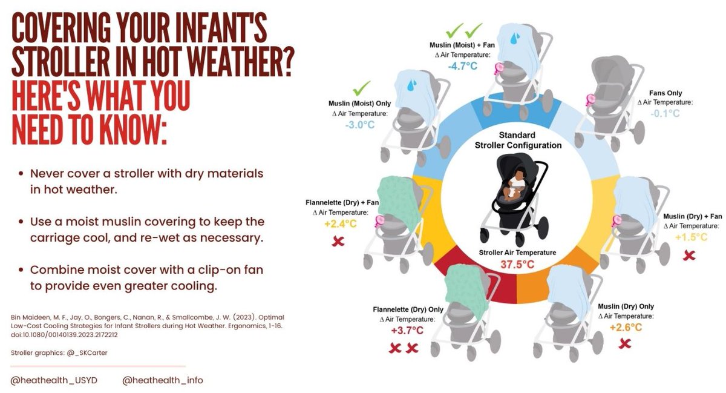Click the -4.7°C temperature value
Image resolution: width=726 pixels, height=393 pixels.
tap(463, 66)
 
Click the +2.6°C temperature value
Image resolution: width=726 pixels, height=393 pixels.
tap(626, 328)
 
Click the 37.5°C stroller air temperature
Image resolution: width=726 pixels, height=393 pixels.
tap(518, 264)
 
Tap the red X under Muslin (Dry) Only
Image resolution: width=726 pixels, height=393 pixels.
tap(625, 344)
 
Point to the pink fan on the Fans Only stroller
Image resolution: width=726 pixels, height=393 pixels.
tap(590, 99)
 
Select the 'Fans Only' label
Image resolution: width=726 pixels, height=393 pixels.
tap(665, 93)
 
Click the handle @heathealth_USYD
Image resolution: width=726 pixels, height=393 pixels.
tap(54, 380)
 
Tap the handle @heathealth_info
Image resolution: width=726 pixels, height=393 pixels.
tap(163, 380)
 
